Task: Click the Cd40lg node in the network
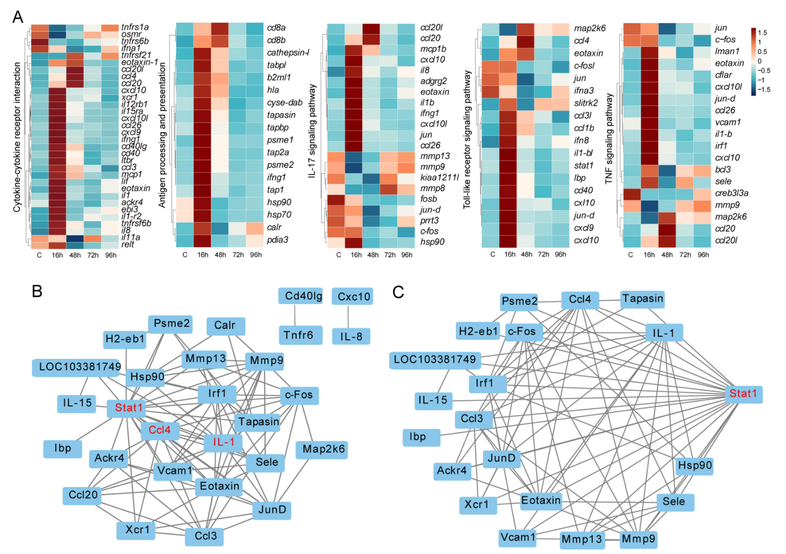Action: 300,296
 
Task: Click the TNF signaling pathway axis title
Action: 609,138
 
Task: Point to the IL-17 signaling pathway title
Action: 312,132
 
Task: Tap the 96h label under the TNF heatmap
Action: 703,255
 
